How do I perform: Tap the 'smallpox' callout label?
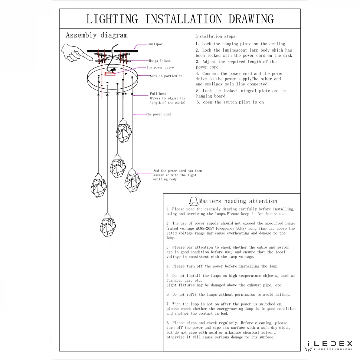(x=155, y=44)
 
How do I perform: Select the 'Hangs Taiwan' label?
(x=160, y=60)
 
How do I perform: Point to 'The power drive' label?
(x=160, y=68)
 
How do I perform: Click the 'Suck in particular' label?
(x=166, y=76)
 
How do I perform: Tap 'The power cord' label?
(x=158, y=114)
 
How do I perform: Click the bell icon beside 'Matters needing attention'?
(x=193, y=201)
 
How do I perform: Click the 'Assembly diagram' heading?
(x=96, y=35)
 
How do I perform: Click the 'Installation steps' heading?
(x=215, y=36)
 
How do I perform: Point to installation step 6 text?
(x=230, y=102)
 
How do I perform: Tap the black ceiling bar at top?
(x=112, y=51)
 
